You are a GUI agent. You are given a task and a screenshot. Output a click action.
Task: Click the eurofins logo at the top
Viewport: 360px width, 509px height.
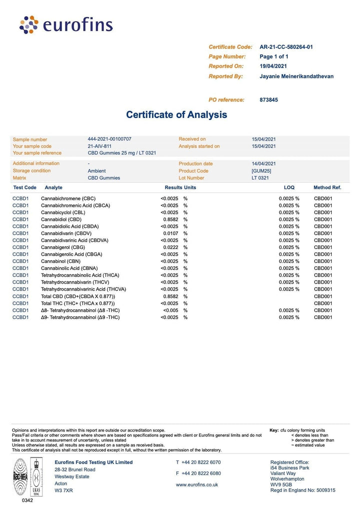click(66, 24)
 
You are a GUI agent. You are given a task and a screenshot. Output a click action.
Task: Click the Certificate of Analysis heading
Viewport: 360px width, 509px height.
click(176, 114)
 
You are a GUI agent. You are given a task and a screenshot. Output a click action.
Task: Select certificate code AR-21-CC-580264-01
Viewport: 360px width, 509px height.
click(286, 47)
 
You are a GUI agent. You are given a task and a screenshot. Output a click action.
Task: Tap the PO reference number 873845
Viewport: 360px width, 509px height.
click(269, 100)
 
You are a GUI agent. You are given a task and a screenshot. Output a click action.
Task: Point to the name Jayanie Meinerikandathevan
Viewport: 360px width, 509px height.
click(296, 76)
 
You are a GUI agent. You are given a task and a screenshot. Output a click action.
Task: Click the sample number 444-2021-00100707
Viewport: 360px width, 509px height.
click(109, 139)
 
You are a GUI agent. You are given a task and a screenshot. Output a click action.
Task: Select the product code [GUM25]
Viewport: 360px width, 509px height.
click(261, 171)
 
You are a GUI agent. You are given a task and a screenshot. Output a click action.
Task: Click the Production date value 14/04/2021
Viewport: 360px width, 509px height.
click(264, 163)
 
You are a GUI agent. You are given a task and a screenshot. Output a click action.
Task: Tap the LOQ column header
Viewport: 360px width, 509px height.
click(289, 187)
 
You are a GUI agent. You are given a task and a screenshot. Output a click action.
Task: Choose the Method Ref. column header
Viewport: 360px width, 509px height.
click(327, 187)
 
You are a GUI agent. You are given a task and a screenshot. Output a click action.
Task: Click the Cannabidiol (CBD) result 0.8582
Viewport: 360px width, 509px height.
click(170, 219)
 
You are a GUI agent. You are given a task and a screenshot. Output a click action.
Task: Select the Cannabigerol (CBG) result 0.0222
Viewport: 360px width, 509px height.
click(170, 247)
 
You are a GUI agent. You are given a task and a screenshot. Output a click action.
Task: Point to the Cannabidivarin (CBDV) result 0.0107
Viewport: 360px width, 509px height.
click(170, 233)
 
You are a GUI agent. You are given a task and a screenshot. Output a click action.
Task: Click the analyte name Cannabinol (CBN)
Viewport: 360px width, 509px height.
click(60, 261)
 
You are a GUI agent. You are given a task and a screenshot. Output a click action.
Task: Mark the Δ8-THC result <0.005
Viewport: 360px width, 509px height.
click(170, 310)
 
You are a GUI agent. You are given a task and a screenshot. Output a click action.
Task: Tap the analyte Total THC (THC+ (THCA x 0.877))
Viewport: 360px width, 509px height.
click(77, 303)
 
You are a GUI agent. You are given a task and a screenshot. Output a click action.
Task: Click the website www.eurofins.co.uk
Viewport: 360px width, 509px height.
click(197, 484)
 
